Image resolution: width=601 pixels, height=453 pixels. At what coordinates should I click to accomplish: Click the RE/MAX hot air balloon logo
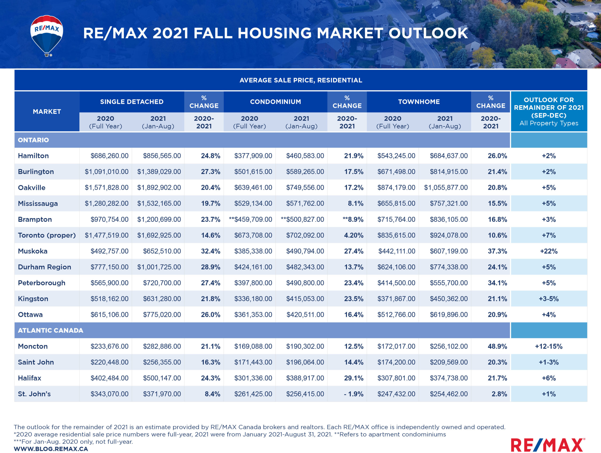(x=47, y=35)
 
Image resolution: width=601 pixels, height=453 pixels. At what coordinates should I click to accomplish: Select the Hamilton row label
(x=33, y=156)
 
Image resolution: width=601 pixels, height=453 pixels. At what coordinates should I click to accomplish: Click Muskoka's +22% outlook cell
(x=549, y=251)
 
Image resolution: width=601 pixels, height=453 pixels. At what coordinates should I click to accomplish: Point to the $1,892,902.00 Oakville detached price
(x=159, y=187)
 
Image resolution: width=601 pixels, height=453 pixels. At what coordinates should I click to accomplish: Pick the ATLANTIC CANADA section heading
(x=50, y=330)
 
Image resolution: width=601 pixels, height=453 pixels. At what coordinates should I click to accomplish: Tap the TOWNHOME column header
(x=419, y=102)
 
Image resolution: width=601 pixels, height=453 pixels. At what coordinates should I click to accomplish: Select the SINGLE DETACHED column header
(x=132, y=102)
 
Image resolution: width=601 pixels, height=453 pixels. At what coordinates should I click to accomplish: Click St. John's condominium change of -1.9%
(x=353, y=394)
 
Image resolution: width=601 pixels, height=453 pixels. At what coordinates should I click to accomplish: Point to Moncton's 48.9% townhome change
(x=497, y=346)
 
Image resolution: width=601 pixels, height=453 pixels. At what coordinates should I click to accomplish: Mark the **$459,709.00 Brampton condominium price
(x=250, y=219)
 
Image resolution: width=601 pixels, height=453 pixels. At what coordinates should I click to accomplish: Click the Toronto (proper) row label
(x=47, y=235)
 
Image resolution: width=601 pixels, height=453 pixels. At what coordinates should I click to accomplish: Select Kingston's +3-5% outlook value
(x=549, y=299)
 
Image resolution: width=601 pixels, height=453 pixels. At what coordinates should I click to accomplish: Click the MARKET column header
(x=47, y=112)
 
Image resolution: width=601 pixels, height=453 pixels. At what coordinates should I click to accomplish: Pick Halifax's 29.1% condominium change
(x=354, y=378)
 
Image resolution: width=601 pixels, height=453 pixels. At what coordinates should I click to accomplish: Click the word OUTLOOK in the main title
(x=428, y=33)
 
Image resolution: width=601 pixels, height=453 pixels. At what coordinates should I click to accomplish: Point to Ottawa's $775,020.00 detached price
(x=162, y=315)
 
